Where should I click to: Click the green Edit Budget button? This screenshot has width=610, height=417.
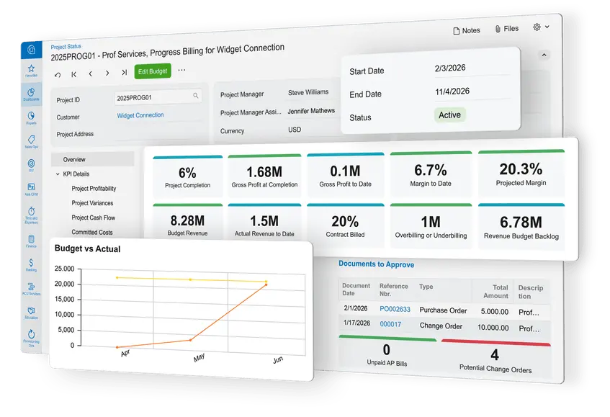pos(153,71)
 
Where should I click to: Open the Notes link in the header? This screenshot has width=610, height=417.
pos(466,30)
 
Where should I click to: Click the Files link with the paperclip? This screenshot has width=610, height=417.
pos(506,29)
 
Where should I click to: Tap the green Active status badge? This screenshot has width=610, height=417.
pos(449,115)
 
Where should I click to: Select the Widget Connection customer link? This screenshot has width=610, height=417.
pos(140,115)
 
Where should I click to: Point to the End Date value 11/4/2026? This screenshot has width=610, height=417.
pos(452,91)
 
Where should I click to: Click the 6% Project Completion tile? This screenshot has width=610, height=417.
pos(187,177)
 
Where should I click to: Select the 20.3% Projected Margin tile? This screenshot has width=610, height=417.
pos(521,174)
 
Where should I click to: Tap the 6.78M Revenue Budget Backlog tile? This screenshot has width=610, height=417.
pos(521,227)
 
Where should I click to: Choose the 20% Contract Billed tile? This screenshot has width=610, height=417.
pos(345,227)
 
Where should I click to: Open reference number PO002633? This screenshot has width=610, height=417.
pos(395,310)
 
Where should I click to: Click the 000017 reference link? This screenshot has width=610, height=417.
pos(390,324)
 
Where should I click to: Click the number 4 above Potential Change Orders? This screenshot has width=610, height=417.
pos(494,355)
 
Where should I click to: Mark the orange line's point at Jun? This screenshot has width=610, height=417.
pos(266,284)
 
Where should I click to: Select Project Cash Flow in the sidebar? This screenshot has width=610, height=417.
pos(94,218)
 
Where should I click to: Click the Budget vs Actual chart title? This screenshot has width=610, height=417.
pos(87,249)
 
